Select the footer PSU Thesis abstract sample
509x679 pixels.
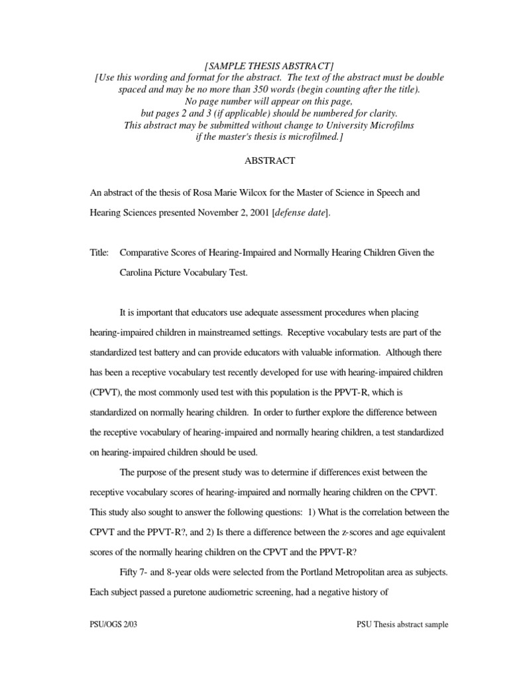(402, 625)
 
